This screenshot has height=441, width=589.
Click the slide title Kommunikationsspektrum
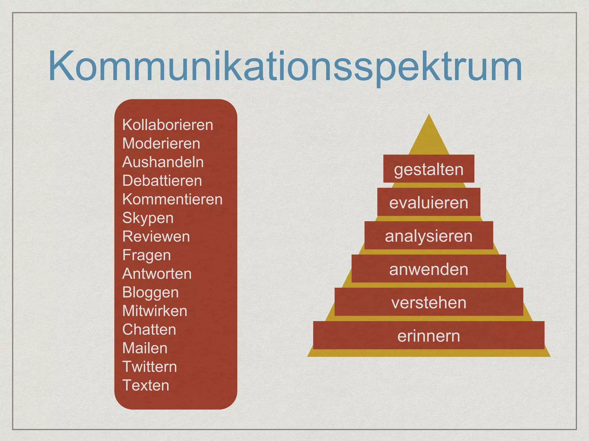coord(285,67)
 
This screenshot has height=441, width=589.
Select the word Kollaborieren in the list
coord(168,125)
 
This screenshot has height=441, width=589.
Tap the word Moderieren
coord(161,144)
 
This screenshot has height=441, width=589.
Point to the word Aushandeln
coord(163,162)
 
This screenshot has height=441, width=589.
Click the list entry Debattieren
coord(162,181)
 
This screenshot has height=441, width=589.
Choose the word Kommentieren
coord(172,199)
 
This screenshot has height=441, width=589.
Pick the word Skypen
coord(148,218)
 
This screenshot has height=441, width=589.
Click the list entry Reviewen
coord(156,237)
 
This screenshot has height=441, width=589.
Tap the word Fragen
coord(146,255)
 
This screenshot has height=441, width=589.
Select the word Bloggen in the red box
coord(150,293)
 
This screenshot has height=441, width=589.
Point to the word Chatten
coord(149,330)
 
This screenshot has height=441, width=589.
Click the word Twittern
coord(150,367)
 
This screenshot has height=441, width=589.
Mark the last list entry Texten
coord(146,385)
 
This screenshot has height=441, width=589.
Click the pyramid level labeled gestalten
coord(429,169)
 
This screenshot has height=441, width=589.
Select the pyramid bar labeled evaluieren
coord(429,202)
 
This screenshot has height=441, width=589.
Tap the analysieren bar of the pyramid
coord(429,235)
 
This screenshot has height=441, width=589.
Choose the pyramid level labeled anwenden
coord(429,269)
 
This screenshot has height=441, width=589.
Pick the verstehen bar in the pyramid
coord(429,302)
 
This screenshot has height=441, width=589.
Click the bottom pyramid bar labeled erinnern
coord(429,335)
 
